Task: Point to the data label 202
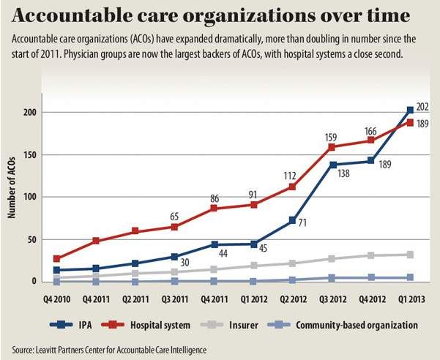[422, 107]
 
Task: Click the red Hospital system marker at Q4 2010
[58, 258]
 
